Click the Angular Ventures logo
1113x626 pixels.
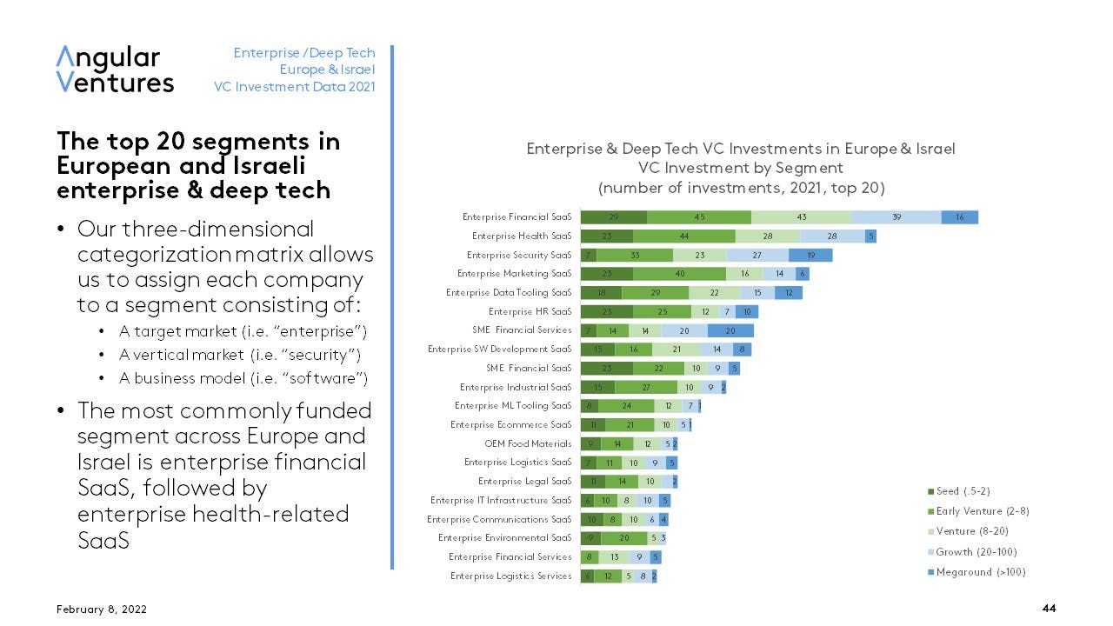[x=115, y=70]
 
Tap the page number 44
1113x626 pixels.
[x=1049, y=609]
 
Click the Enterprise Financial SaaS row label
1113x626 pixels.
[x=517, y=217]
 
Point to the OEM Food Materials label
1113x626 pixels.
[x=528, y=443]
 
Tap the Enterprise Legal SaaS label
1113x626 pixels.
[x=524, y=481]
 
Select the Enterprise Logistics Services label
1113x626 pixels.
[x=510, y=576]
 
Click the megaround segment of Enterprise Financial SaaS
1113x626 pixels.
[x=960, y=217]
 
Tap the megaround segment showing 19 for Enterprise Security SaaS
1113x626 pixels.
[x=810, y=255]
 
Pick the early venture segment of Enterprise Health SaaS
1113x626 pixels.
[x=684, y=236]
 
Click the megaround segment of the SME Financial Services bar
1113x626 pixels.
[x=730, y=330]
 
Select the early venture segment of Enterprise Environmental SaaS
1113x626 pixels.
[x=624, y=537]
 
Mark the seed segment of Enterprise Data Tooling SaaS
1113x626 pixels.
[x=601, y=292]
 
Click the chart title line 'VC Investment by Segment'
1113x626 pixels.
[x=740, y=168]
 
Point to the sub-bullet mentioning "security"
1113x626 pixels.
[x=240, y=355]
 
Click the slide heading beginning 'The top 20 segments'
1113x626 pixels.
[x=198, y=165]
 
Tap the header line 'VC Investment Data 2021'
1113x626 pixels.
[x=295, y=86]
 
